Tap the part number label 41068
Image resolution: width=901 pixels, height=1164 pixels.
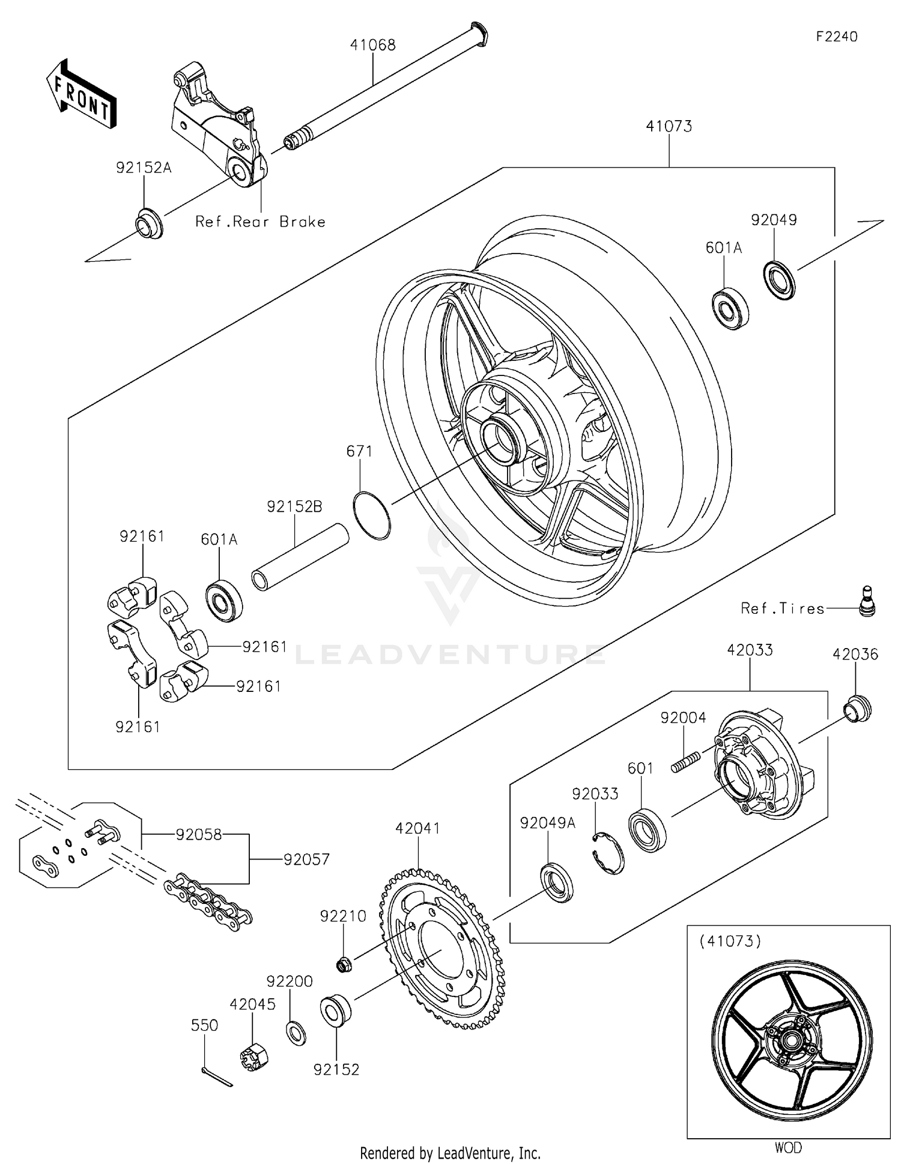tap(373, 45)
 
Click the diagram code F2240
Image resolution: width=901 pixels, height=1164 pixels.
tap(837, 37)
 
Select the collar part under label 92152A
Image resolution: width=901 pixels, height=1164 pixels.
tap(148, 224)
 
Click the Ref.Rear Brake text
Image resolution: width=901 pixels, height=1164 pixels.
tap(260, 222)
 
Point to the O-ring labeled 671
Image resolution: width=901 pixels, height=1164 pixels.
tap(372, 515)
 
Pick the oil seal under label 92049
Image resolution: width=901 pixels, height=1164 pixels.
tap(779, 280)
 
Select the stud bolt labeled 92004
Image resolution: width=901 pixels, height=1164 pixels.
tap(685, 763)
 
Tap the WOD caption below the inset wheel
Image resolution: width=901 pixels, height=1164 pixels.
tap(787, 1147)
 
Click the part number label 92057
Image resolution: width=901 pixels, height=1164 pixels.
tap(306, 859)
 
